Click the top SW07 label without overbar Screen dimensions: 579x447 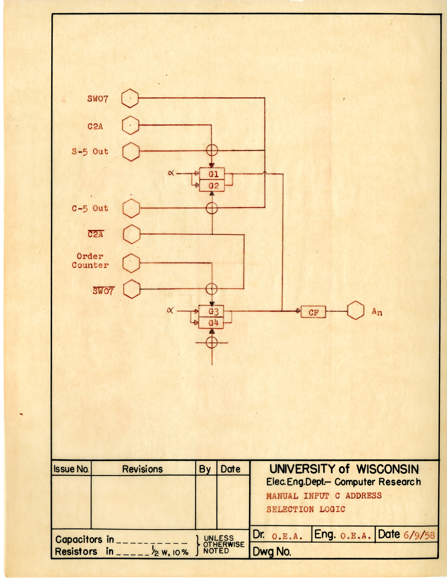[x=98, y=99]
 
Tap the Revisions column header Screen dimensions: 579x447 [x=142, y=469]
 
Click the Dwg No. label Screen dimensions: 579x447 [x=272, y=552]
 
